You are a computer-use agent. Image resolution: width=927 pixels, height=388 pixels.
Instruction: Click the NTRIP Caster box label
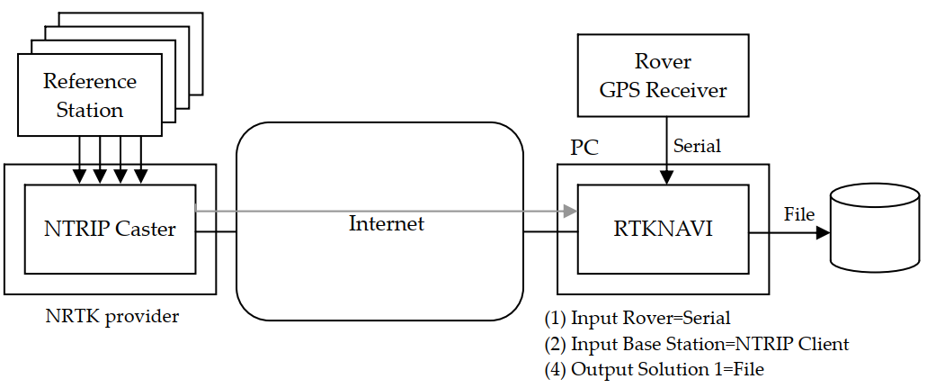pyautogui.click(x=110, y=229)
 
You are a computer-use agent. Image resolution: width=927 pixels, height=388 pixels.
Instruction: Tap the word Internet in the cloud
pyautogui.click(x=386, y=223)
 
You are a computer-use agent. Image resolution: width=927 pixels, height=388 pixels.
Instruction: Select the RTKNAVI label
pyautogui.click(x=663, y=230)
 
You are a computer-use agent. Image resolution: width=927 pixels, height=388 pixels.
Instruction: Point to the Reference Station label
pyautogui.click(x=90, y=95)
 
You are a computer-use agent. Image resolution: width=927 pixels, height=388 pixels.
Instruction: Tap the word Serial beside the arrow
pyautogui.click(x=697, y=145)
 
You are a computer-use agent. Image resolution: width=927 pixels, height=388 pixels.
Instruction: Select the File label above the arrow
pyautogui.click(x=798, y=214)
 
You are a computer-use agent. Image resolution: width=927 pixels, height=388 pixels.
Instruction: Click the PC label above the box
pyautogui.click(x=584, y=148)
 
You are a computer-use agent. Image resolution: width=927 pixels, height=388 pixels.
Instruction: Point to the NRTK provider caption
pyautogui.click(x=112, y=316)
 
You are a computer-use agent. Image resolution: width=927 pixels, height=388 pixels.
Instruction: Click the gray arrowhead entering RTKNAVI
pyautogui.click(x=568, y=212)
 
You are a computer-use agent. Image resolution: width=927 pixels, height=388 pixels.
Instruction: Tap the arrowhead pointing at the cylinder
pyautogui.click(x=822, y=231)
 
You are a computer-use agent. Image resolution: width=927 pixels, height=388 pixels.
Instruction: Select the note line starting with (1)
pyautogui.click(x=637, y=318)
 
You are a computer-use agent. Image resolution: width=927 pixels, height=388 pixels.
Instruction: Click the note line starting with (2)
pyautogui.click(x=696, y=344)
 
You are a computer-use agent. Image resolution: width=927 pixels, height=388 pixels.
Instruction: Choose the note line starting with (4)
pyautogui.click(x=654, y=369)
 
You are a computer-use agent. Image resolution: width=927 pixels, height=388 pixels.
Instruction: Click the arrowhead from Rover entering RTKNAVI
pyautogui.click(x=666, y=178)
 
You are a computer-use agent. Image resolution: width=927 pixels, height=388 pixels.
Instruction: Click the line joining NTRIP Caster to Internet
pyautogui.click(x=216, y=231)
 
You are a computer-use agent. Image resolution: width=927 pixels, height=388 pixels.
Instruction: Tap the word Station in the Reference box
pyautogui.click(x=90, y=111)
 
